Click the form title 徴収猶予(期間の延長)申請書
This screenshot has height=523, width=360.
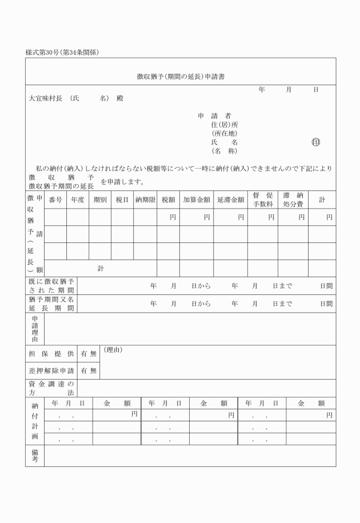tap(180, 76)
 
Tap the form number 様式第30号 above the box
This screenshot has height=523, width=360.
tap(46, 53)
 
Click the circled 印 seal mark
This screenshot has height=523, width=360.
tap(315, 142)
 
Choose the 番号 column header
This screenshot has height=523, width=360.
tap(55, 200)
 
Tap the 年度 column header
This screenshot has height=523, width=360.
tap(77, 200)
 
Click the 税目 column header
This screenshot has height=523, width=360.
tap(122, 200)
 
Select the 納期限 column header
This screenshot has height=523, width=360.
tap(145, 200)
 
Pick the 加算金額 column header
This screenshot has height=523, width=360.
tap(197, 200)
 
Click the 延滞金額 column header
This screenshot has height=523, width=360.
tap(230, 200)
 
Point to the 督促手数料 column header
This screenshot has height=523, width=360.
tap(262, 199)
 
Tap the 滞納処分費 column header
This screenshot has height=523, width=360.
tap(293, 199)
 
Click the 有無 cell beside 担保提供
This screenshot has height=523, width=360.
tap(89, 354)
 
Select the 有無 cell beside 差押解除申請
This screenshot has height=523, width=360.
tap(89, 370)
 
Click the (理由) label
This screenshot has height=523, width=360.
tap(113, 350)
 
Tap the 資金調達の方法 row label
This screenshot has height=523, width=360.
tap(51, 388)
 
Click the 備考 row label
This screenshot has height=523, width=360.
tap(35, 456)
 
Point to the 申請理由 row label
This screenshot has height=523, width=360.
tap(35, 329)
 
